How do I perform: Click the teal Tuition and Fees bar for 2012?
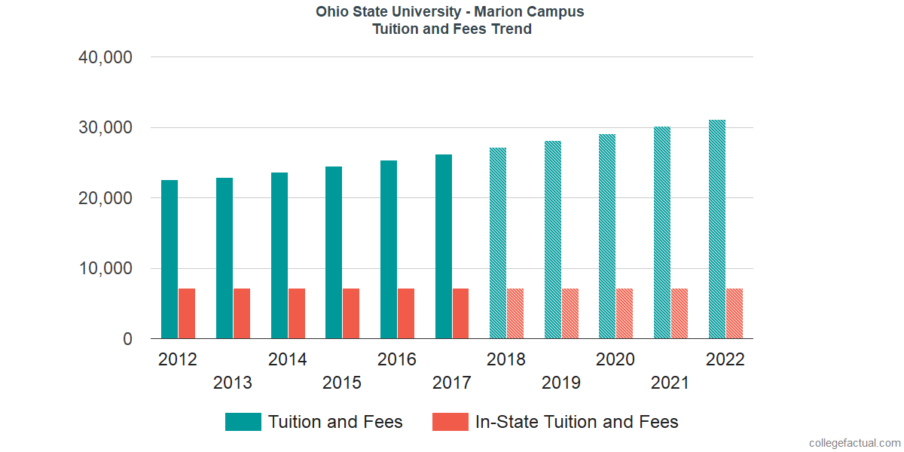(169, 259)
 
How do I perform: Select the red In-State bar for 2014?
(296, 313)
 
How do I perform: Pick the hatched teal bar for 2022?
(717, 229)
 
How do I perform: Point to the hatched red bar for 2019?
(570, 313)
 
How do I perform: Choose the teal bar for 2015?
(334, 252)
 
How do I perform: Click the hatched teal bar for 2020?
(607, 237)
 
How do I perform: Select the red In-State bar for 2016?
(406, 313)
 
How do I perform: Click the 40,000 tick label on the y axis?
(105, 57)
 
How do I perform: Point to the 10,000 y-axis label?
(105, 269)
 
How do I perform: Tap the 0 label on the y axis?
(127, 340)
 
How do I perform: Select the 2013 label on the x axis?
(233, 383)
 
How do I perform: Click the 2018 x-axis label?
(506, 359)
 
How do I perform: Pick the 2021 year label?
(670, 383)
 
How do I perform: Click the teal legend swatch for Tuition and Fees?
(243, 422)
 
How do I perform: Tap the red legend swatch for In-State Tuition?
(450, 422)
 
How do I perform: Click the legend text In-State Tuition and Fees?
(576, 422)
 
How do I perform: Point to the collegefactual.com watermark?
(854, 443)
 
